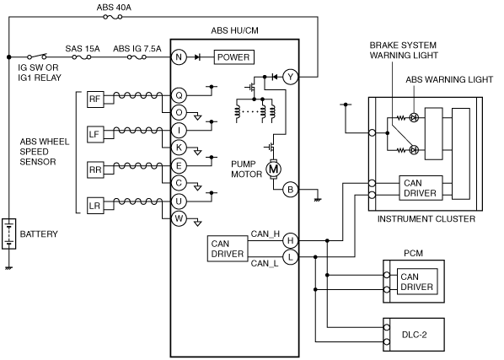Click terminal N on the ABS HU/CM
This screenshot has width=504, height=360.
[179, 57]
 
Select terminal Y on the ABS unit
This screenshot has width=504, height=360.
[290, 77]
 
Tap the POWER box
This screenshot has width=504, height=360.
[234, 57]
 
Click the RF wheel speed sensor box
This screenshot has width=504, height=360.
[95, 99]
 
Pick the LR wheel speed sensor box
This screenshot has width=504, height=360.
[95, 206]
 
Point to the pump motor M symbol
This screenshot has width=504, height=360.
[274, 169]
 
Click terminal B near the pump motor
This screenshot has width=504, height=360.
[290, 190]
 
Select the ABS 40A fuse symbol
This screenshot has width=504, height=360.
[112, 17]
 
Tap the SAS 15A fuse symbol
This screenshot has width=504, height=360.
[82, 57]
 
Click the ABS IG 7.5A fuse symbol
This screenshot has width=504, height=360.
[137, 57]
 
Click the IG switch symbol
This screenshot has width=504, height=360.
[36, 56]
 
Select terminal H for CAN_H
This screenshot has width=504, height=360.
[290, 240]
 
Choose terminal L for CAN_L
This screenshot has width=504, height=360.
[290, 257]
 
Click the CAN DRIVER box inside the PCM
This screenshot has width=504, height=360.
[417, 282]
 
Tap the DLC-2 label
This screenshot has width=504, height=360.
[415, 335]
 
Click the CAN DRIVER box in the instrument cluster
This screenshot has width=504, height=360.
[421, 188]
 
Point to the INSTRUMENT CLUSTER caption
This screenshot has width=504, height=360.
[426, 219]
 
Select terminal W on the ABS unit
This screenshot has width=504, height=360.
[179, 218]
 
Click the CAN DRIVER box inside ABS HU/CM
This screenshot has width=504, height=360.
[228, 249]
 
